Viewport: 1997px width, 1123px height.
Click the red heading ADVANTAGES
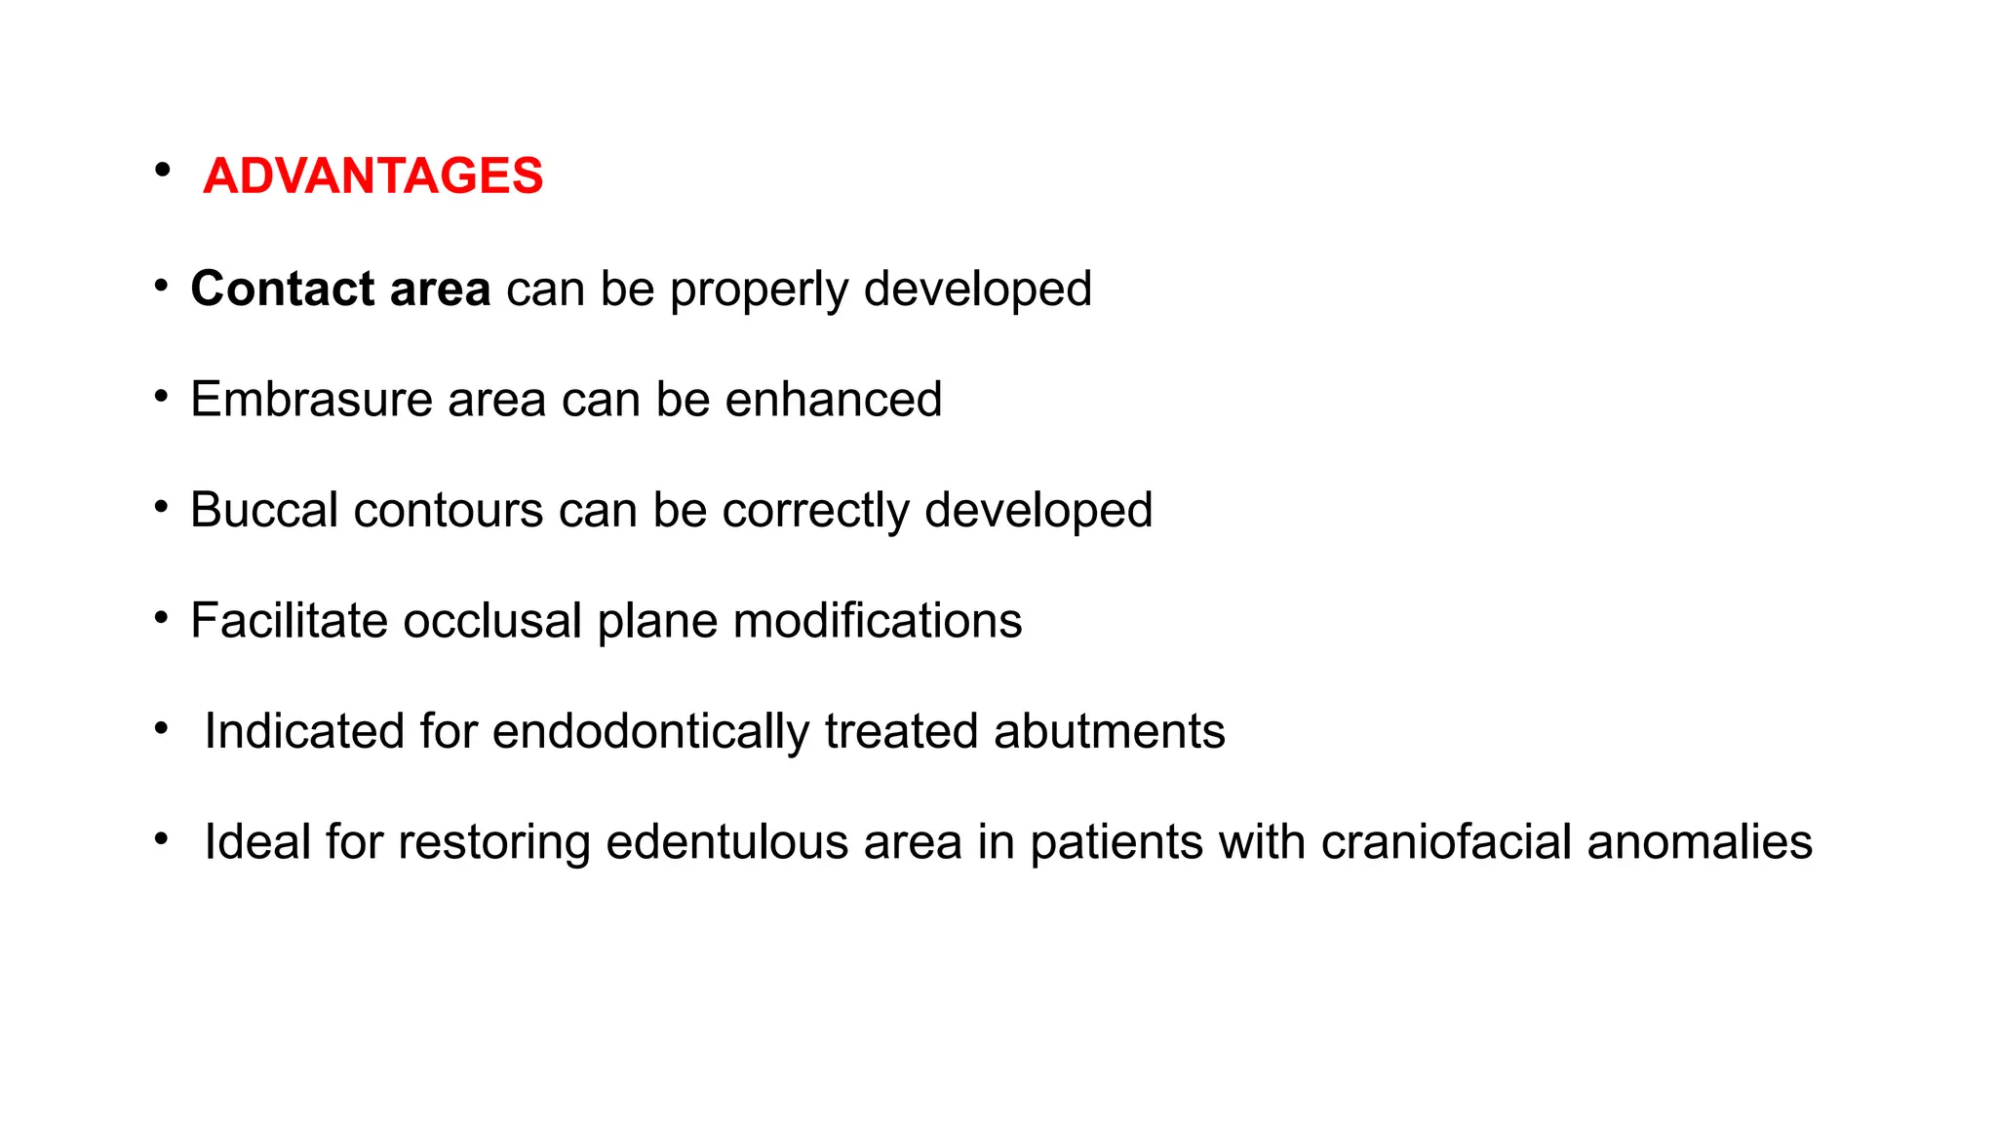(x=372, y=176)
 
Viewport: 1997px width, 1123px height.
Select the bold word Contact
(x=283, y=289)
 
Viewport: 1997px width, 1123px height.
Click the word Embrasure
(x=311, y=400)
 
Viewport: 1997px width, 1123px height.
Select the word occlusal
(x=492, y=621)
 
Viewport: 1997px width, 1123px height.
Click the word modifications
(x=877, y=621)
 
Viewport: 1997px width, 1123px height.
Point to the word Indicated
(x=304, y=731)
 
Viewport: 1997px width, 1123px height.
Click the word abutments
(x=1109, y=731)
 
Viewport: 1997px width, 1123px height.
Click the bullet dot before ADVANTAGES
(x=162, y=171)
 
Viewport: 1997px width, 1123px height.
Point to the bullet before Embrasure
(x=161, y=397)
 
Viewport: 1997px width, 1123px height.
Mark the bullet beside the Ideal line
(x=161, y=838)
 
